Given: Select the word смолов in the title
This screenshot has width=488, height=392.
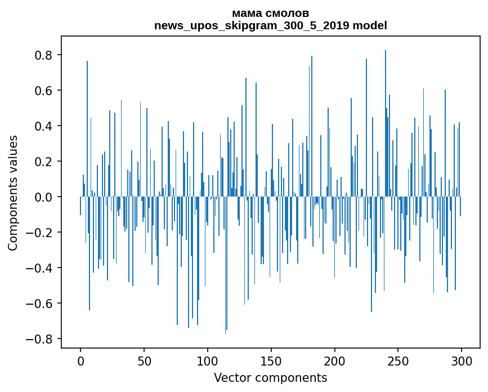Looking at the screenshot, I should click(x=289, y=14).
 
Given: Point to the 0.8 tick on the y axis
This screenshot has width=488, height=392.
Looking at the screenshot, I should click(x=44, y=55).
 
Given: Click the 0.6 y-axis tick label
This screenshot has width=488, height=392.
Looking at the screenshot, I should click(x=44, y=91).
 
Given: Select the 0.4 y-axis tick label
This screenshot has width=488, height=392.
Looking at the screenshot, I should click(x=44, y=126).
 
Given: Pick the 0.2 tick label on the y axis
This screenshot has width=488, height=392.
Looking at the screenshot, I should click(x=44, y=162).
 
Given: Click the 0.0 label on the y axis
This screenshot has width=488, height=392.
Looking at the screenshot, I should click(x=44, y=197).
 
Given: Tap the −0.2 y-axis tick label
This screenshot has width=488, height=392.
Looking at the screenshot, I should click(x=40, y=233).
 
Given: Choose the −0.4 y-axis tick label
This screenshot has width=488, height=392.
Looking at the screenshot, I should click(x=40, y=268).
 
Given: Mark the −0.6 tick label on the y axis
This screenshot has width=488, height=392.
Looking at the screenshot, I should click(x=40, y=304).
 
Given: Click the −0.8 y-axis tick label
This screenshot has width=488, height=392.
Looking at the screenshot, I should click(x=40, y=339).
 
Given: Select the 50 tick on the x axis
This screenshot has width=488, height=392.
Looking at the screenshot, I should click(x=144, y=360).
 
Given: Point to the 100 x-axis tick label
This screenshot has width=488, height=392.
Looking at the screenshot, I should click(x=208, y=360).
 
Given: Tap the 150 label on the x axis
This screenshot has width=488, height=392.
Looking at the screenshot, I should click(x=271, y=360).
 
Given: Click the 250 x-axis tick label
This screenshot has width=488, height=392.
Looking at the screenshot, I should click(x=399, y=360).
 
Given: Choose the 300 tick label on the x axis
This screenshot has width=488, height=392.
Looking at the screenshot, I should click(x=462, y=360).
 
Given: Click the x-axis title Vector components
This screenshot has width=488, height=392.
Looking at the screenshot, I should click(x=270, y=378).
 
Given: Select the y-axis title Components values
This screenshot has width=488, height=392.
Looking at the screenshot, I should click(x=14, y=193).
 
